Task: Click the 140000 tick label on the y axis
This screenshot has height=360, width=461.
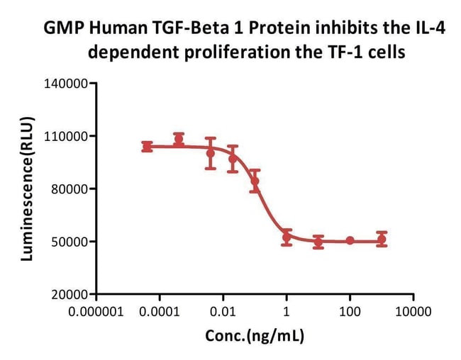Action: tap(66, 84)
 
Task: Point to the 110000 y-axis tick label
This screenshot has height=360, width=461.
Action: tap(66, 136)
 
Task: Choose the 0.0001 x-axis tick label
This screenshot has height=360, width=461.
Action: tap(160, 310)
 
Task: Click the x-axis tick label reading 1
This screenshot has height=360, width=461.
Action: tap(287, 310)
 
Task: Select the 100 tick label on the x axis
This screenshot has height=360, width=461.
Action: tap(350, 310)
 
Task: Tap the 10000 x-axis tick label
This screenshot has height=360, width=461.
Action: tap(413, 310)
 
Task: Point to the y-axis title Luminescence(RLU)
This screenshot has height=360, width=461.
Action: tap(27, 189)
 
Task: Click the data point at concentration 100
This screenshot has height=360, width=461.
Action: tap(350, 241)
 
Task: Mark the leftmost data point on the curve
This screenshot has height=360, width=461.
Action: tap(147, 147)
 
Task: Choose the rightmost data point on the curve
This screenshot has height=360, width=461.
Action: tap(382, 239)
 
